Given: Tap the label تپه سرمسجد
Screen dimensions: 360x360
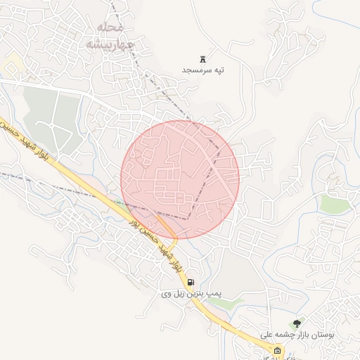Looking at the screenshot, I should (x=203, y=70).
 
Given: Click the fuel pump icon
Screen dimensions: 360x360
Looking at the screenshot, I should (x=191, y=282).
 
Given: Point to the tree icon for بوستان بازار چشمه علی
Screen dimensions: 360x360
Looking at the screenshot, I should (x=297, y=323).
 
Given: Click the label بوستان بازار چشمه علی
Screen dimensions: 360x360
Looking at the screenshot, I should (x=297, y=336).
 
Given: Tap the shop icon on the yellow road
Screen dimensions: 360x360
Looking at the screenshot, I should (x=277, y=350).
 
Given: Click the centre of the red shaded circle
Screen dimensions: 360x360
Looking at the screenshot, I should (x=181, y=179).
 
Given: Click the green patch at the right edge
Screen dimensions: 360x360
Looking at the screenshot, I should (x=335, y=204).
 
